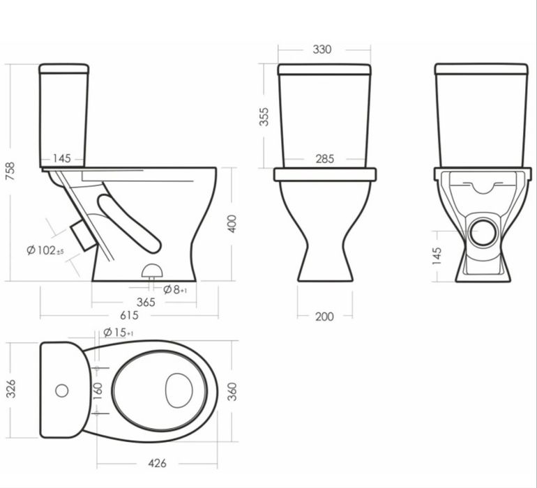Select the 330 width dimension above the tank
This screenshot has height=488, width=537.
point(322,49)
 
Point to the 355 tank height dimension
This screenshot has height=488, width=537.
point(264,117)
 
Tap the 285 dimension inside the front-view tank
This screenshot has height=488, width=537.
point(325,159)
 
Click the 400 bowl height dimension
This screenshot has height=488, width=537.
point(232,224)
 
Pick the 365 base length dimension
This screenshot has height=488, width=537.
point(146,303)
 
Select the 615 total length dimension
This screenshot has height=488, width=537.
point(129,315)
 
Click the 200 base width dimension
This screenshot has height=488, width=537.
point(324,317)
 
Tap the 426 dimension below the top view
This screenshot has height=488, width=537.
point(157,464)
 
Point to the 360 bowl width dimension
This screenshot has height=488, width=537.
point(232,392)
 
